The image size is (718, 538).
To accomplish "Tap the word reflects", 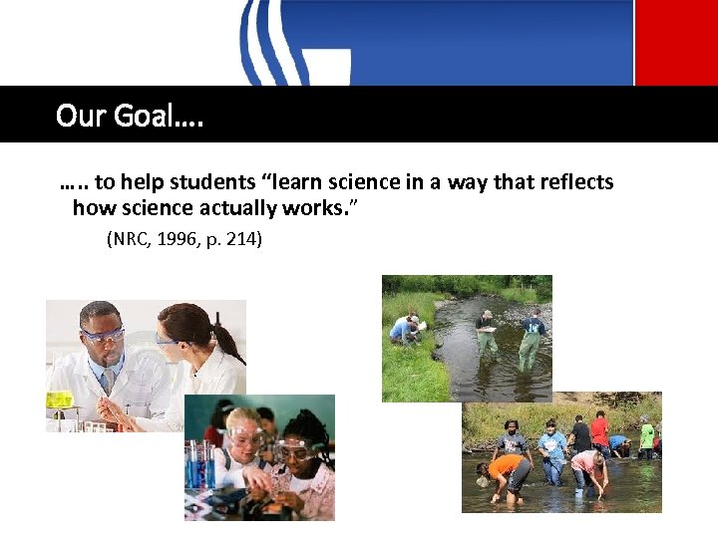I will click(575, 182).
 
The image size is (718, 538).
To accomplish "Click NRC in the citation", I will click(127, 239).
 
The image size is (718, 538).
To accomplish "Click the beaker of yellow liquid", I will click(60, 401).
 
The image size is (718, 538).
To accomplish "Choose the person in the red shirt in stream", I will click(599, 431).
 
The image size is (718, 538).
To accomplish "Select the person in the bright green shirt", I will click(647, 435).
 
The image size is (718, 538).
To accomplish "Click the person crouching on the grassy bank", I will click(405, 329).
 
